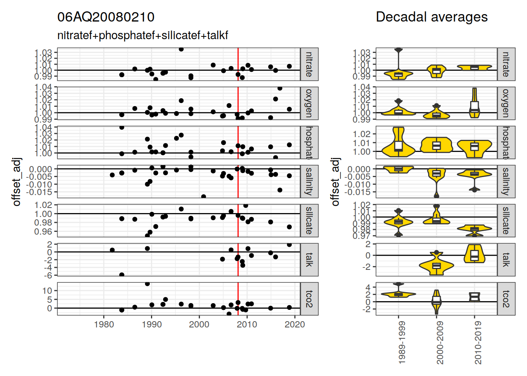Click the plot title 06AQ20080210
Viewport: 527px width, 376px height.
[106, 17]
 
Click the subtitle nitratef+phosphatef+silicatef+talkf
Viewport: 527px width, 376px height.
[143, 35]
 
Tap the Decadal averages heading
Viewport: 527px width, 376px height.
[431, 17]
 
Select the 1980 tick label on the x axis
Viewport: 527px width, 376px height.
[104, 324]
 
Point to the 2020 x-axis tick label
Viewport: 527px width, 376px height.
[294, 324]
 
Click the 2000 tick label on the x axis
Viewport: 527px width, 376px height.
[199, 324]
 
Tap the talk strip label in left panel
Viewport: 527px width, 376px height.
[309, 260]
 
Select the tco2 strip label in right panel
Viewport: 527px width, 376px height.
[506, 299]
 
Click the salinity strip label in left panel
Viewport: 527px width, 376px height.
[309, 181]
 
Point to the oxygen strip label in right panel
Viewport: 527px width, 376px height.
[506, 103]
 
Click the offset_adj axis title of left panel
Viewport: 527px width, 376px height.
[16, 182]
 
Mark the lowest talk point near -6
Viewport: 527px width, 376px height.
[122, 275]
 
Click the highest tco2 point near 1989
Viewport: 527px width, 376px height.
[147, 284]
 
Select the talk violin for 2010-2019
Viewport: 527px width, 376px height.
[474, 254]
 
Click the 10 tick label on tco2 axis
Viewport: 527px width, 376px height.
[47, 291]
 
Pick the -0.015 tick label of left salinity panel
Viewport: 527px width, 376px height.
[39, 192]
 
